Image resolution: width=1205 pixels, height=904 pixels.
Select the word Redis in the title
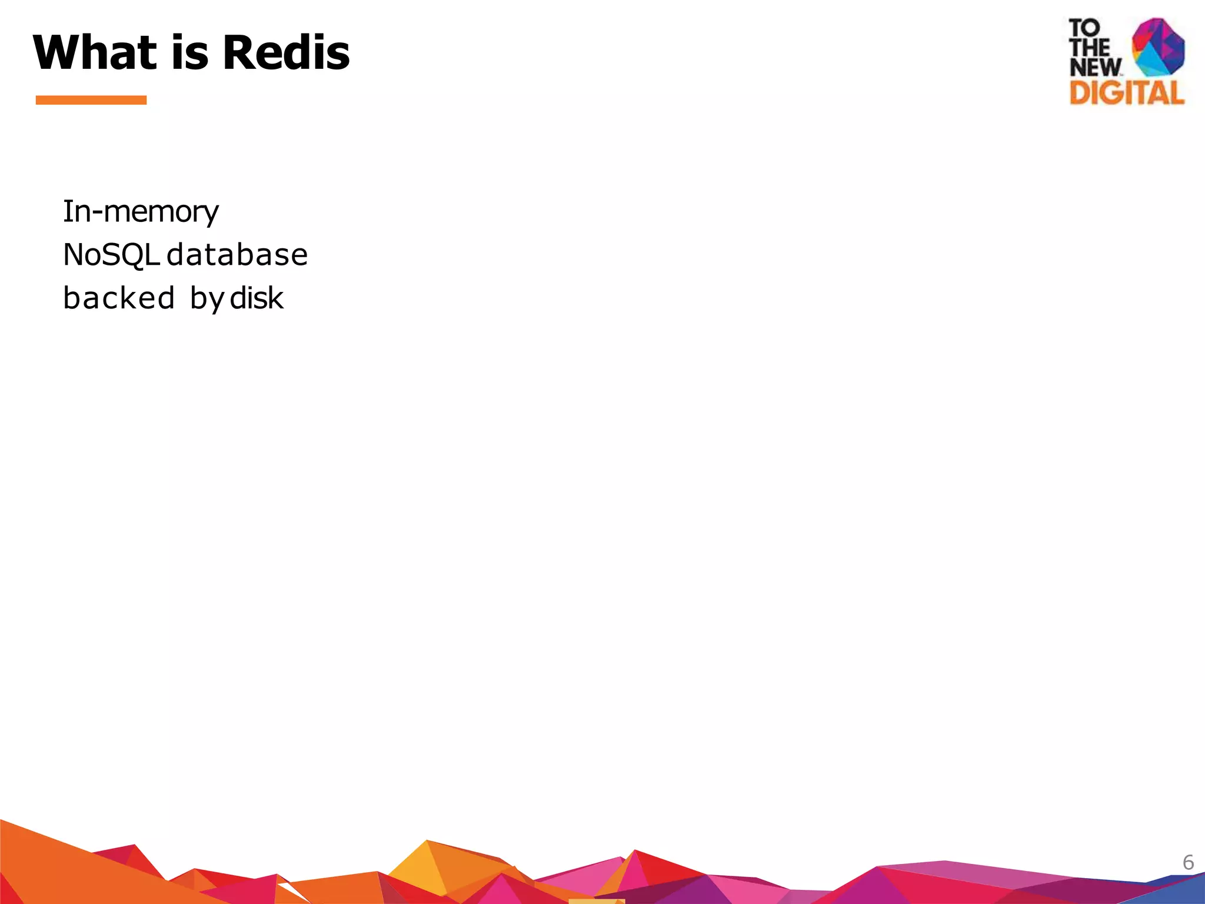pos(287,52)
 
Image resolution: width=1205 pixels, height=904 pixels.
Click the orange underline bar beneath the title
pos(91,100)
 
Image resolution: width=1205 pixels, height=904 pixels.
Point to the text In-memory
pos(141,212)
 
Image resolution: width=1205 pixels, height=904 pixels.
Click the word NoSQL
pos(111,255)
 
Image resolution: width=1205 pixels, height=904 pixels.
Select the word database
pos(237,255)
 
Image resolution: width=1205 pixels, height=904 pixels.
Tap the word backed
pos(119,298)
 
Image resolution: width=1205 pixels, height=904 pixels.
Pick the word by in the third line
pos(207,299)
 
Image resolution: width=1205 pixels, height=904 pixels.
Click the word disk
pos(257,298)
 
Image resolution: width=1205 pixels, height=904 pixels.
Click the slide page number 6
pos(1188,863)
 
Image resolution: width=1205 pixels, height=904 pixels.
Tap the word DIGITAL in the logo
pos(1126,93)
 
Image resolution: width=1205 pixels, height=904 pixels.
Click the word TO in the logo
pos(1084,28)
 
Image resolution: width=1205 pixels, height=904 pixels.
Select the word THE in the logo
pos(1089,48)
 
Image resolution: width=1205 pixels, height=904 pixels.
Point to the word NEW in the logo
pos(1095,67)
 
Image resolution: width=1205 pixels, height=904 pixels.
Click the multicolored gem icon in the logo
pos(1158,47)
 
